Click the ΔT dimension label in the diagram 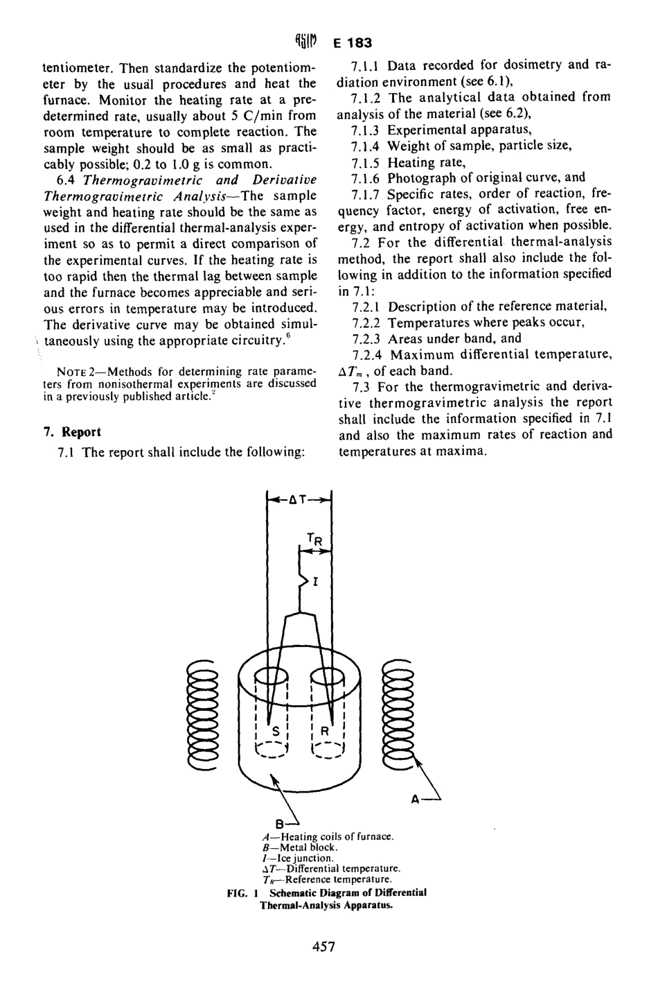[x=299, y=499]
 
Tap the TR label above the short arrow [x=314, y=539]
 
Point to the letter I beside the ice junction [x=315, y=583]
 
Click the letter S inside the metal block [x=275, y=731]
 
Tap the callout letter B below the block [x=279, y=825]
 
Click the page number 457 [x=323, y=947]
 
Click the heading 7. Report [x=72, y=432]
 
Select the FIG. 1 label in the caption [x=242, y=893]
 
